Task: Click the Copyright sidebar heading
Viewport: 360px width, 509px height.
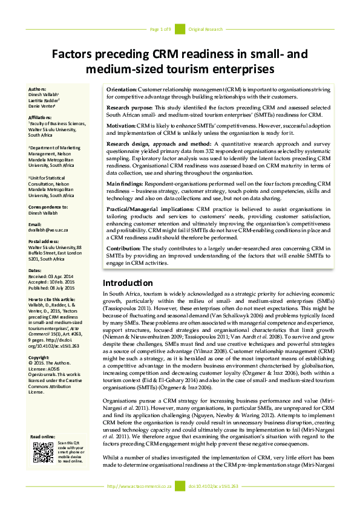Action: tap(40, 357)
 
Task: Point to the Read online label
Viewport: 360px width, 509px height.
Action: tap(42, 436)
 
